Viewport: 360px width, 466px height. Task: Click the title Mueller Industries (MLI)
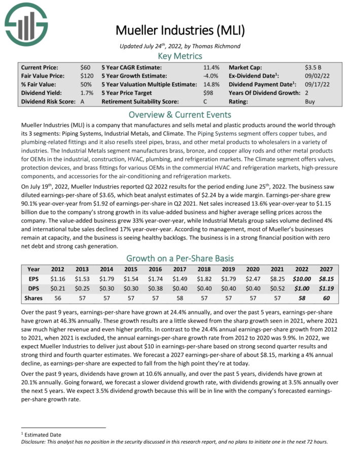(180, 30)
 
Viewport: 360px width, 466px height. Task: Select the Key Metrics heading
(180, 56)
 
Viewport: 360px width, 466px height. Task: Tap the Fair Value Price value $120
(87, 76)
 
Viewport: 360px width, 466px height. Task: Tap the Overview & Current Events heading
(180, 114)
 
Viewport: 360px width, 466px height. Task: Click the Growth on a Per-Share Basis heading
(180, 258)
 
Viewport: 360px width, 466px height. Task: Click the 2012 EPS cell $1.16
(58, 279)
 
